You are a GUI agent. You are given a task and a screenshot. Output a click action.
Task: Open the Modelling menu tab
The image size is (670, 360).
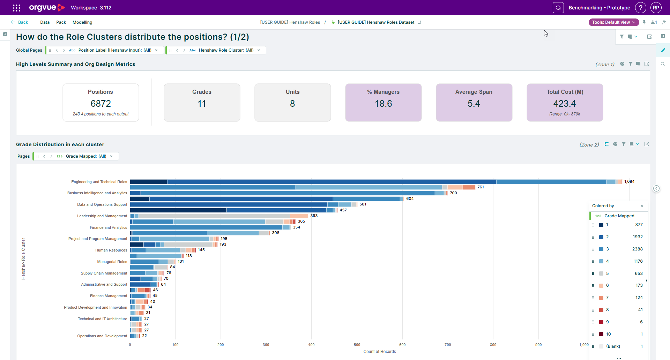point(82,22)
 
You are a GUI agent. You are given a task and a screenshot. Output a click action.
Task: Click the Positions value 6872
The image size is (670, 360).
point(101,104)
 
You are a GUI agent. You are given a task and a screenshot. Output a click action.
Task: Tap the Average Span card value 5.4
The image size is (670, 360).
point(474,104)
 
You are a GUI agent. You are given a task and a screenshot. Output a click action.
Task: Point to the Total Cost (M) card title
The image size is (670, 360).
point(565,92)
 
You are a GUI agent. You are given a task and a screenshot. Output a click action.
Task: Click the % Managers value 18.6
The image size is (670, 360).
point(384,104)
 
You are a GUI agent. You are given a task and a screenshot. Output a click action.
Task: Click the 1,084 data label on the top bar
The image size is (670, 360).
point(630,181)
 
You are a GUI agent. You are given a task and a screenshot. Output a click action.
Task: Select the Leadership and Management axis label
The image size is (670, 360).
point(102,216)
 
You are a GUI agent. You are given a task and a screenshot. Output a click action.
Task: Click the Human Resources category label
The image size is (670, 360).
point(111,250)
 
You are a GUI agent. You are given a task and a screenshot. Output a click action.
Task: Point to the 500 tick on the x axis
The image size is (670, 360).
point(357,345)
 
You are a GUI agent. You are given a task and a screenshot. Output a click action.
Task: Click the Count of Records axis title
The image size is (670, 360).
point(380,352)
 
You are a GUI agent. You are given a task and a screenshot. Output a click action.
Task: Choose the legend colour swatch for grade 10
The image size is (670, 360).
point(601,334)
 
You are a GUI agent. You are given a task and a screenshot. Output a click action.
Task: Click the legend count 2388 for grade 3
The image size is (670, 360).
point(638,249)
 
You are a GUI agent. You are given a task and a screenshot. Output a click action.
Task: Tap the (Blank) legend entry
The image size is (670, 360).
point(613,346)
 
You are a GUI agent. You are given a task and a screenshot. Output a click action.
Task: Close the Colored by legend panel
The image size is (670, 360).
point(642,206)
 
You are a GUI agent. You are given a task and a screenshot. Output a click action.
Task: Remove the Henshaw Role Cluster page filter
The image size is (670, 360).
point(259,50)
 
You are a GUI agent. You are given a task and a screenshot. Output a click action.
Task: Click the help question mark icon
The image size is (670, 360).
point(641,8)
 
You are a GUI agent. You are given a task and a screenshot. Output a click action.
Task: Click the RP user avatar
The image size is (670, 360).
point(656,8)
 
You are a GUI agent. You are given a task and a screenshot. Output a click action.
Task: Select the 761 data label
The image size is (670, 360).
point(481,187)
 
